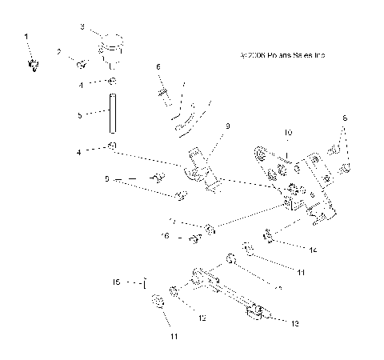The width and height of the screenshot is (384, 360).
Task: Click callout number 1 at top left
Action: (25, 37)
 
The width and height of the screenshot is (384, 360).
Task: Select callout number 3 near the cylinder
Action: (82, 26)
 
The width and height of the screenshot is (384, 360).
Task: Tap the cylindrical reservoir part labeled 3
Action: (111, 46)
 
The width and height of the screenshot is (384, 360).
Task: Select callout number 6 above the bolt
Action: (158, 66)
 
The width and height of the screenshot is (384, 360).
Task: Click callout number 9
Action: (227, 126)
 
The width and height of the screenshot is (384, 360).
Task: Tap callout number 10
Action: (290, 131)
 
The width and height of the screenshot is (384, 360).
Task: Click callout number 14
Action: (313, 250)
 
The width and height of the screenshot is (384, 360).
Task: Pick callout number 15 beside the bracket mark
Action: (117, 282)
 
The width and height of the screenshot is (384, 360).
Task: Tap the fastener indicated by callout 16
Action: (194, 238)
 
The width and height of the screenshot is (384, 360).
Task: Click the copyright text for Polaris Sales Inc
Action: (283, 56)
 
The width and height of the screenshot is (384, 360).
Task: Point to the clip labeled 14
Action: (270, 236)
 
